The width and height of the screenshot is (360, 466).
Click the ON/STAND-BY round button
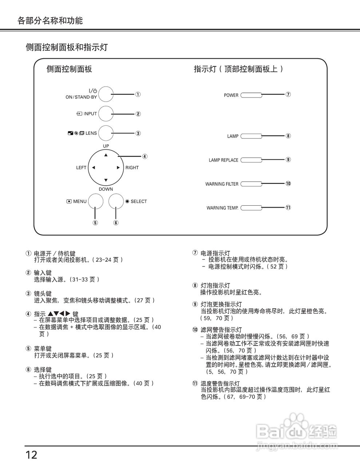pyautogui.click(x=106, y=94)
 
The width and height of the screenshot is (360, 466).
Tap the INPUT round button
pyautogui.click(x=106, y=114)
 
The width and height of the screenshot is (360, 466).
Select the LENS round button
pyautogui.click(x=106, y=133)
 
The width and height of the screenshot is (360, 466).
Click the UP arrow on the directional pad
pyautogui.click(x=106, y=155)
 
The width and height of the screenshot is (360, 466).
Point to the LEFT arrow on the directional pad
pyautogui.click(x=94, y=168)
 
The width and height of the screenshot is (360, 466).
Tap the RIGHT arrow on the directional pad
pyautogui.click(x=118, y=168)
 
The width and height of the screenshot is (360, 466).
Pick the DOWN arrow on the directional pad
pyautogui.click(x=106, y=180)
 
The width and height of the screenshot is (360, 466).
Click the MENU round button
pyautogui.click(x=95, y=201)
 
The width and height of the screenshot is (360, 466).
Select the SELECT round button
pyautogui.click(x=116, y=201)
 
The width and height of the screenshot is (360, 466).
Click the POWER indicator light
pyautogui.click(x=251, y=95)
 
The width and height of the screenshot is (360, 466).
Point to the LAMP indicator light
pyautogui.click(x=251, y=136)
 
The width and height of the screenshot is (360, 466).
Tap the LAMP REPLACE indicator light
pyautogui.click(x=251, y=160)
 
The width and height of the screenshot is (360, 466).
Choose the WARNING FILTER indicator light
pyautogui.click(x=251, y=184)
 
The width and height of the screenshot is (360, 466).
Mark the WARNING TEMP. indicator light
pyautogui.click(x=251, y=208)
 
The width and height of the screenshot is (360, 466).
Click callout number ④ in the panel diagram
pyautogui.click(x=145, y=157)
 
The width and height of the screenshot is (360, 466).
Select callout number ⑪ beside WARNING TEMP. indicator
pyautogui.click(x=288, y=208)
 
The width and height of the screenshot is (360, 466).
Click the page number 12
pyautogui.click(x=31, y=455)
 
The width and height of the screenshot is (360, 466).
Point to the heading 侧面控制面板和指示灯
pyautogui.click(x=67, y=47)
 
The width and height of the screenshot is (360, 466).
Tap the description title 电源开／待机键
pyautogui.click(x=55, y=253)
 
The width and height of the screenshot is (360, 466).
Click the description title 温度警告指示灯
pyautogui.click(x=220, y=383)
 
